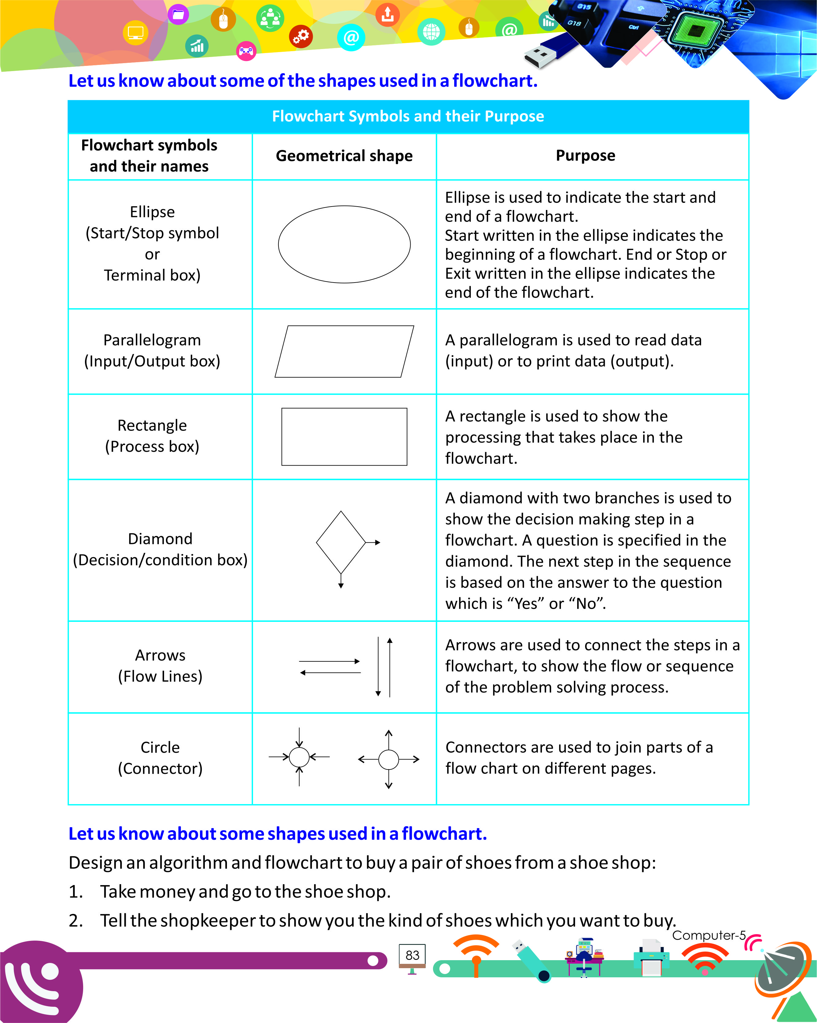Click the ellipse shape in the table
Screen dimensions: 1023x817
[344, 244]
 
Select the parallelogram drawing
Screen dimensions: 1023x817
[344, 352]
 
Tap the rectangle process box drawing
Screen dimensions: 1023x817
[344, 436]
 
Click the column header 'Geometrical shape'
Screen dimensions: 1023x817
[344, 156]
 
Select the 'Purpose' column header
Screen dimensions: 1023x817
[585, 156]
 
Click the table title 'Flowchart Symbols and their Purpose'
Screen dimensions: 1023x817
[408, 116]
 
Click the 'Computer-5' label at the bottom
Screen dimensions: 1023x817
[708, 935]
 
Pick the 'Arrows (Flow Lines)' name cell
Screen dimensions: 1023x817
[160, 665]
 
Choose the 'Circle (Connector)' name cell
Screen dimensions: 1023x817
[160, 758]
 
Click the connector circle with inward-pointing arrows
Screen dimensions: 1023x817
[299, 757]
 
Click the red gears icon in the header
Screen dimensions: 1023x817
[301, 36]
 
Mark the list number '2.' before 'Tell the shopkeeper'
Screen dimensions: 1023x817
[76, 921]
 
